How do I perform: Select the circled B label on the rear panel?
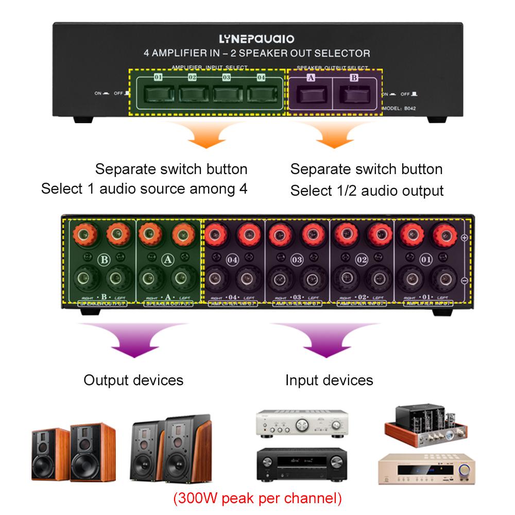pos(104,259)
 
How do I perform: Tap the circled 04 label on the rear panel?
pos(233,259)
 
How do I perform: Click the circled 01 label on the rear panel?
pos(425,259)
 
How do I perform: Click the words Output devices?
pos(133,380)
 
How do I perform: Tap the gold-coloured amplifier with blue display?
pos(425,469)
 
